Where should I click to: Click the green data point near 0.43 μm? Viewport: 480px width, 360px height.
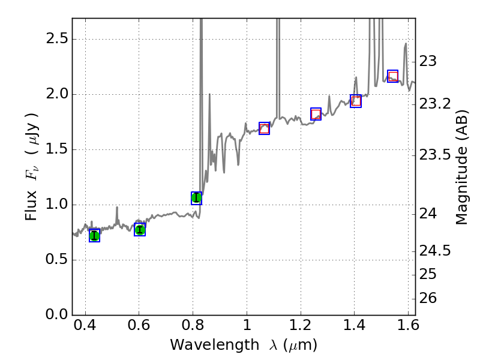pos(94,236)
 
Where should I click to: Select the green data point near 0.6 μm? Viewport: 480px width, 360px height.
pos(140,230)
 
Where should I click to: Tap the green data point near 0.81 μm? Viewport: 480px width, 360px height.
pos(196,198)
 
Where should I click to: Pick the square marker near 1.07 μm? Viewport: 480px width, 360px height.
pos(264,128)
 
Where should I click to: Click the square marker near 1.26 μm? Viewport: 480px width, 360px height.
pos(316,114)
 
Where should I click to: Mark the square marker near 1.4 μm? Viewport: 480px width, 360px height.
pos(356,101)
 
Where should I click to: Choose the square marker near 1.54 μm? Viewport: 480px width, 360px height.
pos(393,76)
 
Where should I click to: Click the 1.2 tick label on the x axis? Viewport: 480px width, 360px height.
pos(300,328)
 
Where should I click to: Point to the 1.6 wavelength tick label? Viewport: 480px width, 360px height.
pos(407,328)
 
